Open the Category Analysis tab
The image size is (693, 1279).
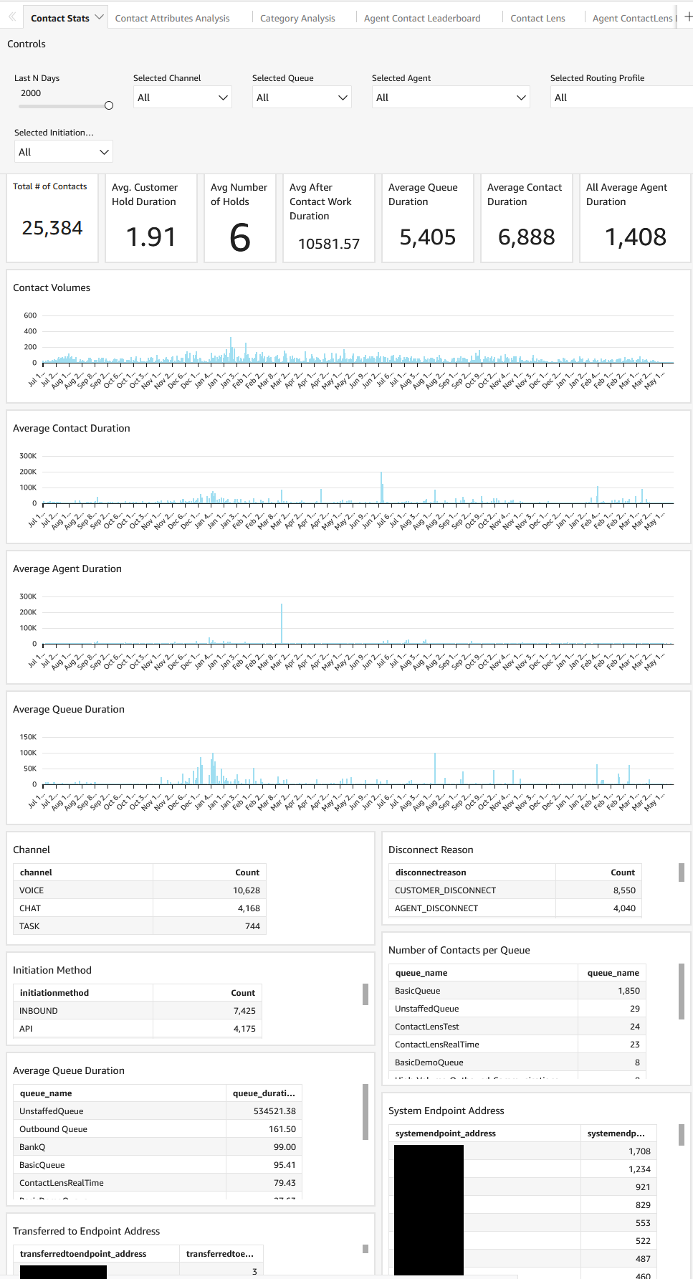(297, 18)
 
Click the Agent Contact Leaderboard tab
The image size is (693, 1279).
(422, 18)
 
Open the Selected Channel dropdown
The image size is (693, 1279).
(183, 98)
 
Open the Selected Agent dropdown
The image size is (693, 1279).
(450, 98)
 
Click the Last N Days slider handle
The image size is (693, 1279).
(109, 105)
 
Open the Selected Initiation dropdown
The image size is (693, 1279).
(64, 152)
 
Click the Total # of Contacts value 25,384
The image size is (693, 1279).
(52, 228)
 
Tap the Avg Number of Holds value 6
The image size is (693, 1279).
(240, 238)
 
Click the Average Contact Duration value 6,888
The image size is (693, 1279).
(526, 237)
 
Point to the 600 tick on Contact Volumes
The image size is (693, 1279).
(30, 315)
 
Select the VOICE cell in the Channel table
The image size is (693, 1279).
(32, 890)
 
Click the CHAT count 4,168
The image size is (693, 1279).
(249, 908)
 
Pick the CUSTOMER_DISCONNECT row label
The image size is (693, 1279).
(445, 890)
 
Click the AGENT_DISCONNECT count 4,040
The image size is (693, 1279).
(624, 908)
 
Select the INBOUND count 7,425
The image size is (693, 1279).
(244, 1011)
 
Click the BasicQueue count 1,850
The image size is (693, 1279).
(629, 991)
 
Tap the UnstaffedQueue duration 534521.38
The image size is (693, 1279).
(274, 1111)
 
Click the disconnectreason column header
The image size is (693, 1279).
(431, 873)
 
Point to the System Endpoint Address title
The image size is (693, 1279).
(446, 1111)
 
